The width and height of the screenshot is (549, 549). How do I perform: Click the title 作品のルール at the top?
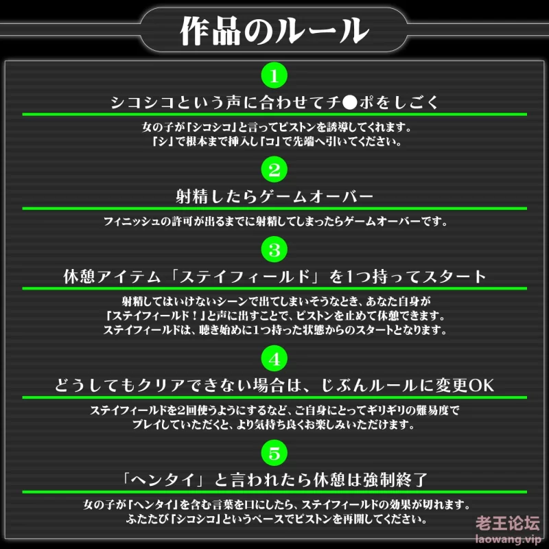coord(274,30)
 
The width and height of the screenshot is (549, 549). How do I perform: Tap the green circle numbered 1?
coord(274,75)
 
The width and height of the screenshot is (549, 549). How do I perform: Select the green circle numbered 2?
coord(274,170)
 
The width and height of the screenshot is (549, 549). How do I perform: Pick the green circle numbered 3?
coord(274,250)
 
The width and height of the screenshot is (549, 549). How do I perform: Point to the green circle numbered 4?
coord(274,359)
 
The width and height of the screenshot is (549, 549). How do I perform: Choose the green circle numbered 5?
coord(274,453)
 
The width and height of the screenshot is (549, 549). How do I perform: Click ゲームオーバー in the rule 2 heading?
coord(316,197)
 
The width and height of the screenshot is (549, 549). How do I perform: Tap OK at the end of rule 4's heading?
coord(481,386)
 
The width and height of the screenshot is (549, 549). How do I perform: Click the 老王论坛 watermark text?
coord(508,523)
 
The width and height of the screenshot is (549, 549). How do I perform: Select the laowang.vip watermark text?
coord(508,539)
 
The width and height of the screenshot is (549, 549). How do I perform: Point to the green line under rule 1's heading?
coord(274,115)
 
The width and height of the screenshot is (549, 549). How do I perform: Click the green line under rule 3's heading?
coord(274,288)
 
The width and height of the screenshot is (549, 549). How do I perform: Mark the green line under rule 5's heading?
coord(274,492)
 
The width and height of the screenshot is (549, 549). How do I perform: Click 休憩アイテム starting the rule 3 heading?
coord(112,277)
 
